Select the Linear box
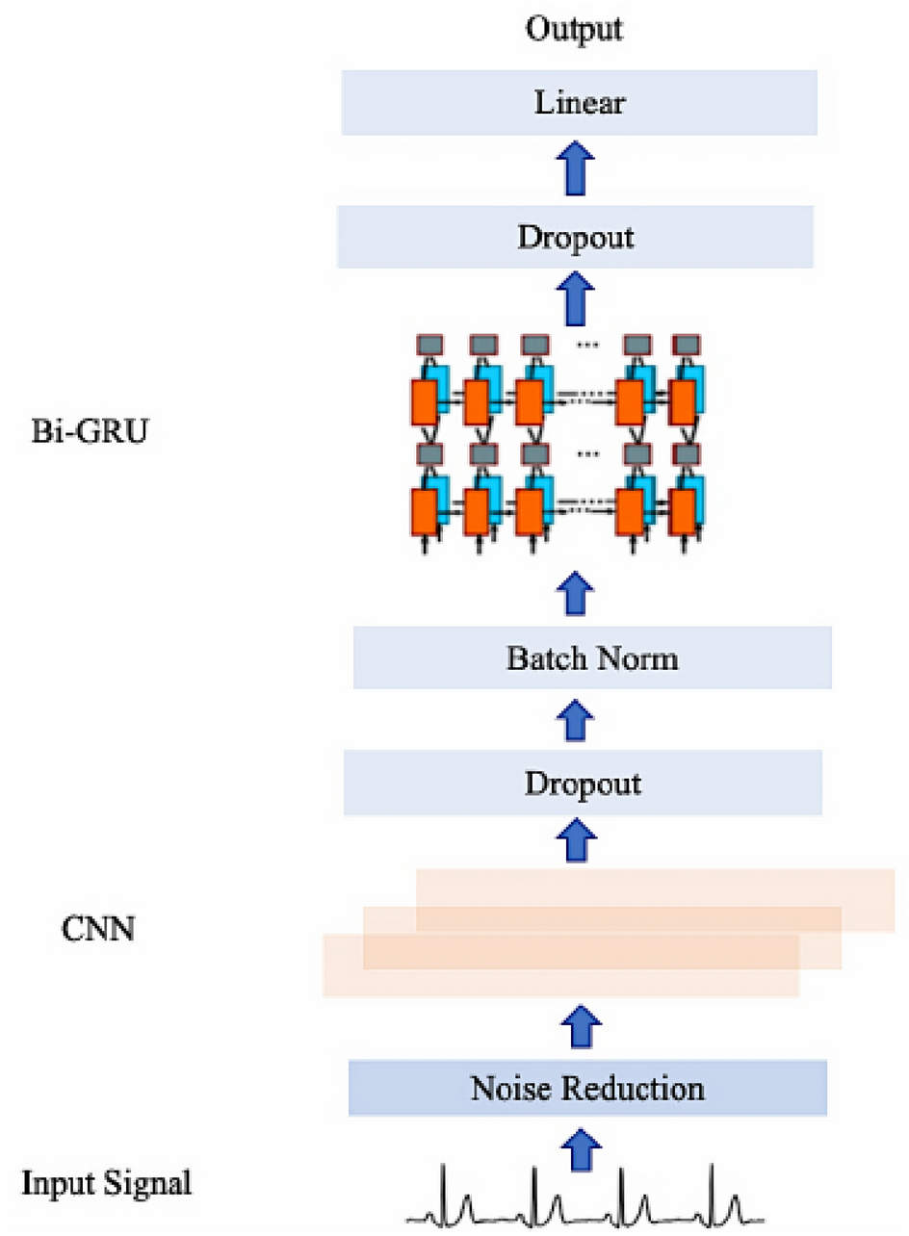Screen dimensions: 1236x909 [x=580, y=102]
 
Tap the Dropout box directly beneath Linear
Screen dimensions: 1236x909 [x=576, y=237]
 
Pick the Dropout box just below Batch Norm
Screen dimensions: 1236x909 [x=583, y=784]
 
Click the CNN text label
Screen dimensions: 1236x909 [x=96, y=930]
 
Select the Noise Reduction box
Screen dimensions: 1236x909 [x=587, y=1088]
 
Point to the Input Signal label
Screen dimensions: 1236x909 [x=107, y=1182]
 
